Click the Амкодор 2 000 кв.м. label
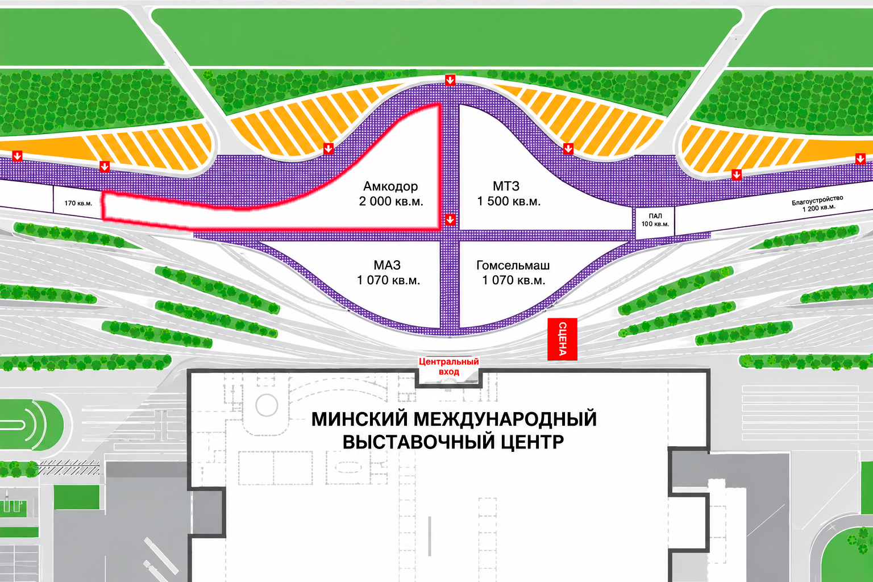(391, 194)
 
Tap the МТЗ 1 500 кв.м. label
(509, 194)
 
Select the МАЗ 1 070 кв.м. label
(389, 272)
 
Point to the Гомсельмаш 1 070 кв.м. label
(513, 272)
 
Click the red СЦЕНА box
(562, 339)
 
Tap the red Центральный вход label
(449, 367)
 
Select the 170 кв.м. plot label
(78, 203)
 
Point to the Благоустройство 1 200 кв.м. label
(818, 203)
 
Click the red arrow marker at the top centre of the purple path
(450, 80)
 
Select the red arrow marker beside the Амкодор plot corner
(450, 219)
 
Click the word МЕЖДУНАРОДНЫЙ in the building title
(505, 419)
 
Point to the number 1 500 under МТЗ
(493, 202)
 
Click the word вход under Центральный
(449, 372)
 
